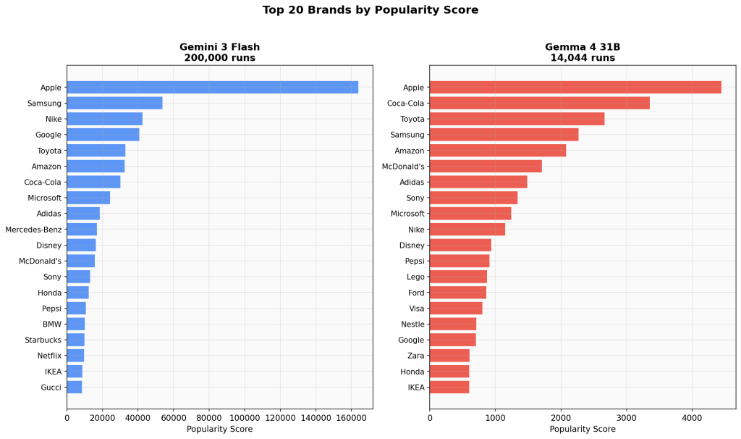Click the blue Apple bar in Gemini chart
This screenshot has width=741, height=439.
212,87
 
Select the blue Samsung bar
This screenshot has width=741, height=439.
114,103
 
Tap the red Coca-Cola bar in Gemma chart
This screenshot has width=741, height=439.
539,103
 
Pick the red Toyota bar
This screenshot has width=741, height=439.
517,119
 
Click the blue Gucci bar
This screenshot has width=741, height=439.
75,388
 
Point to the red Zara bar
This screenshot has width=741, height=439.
449,356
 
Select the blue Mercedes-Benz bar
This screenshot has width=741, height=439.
82,230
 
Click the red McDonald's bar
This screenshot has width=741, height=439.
486,167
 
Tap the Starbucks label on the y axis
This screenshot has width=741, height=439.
43,340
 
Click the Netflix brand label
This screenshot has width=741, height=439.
49,356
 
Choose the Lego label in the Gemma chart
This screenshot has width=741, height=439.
416,277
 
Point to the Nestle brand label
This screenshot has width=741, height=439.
412,325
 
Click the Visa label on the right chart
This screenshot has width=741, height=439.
417,309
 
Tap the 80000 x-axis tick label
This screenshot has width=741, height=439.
208,417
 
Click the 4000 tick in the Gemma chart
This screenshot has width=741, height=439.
692,417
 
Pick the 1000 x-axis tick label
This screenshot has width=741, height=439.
495,417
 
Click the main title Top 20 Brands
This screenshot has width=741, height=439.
370,10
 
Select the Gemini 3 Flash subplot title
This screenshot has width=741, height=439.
219,47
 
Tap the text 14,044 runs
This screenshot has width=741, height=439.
583,58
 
